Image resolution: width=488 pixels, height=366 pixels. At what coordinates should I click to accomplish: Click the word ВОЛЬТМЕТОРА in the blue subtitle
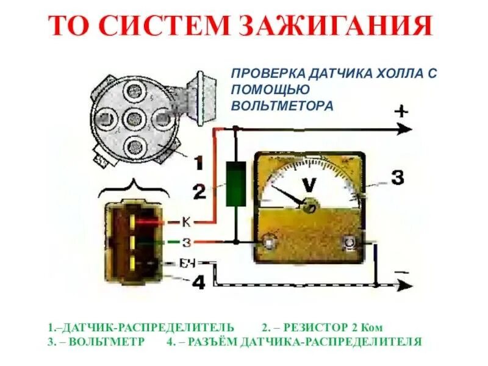pos(282,106)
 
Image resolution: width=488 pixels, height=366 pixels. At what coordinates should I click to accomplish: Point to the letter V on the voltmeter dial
pos(310,184)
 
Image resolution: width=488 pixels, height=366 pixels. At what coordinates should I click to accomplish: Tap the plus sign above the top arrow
pos(401,112)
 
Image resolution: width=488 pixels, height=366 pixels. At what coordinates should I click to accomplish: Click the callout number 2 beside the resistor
pos(199,192)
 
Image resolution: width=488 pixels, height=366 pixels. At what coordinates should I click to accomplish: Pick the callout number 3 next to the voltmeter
pos(396,178)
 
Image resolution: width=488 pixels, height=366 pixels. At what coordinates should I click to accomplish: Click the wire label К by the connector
pos(187,222)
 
